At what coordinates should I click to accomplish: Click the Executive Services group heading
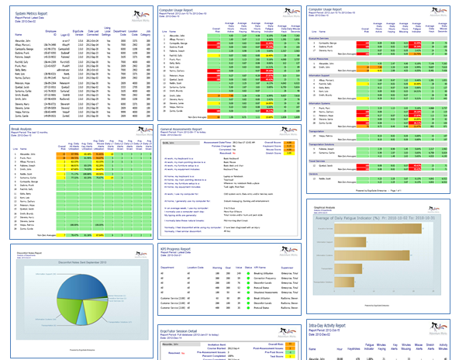point(327,37)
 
